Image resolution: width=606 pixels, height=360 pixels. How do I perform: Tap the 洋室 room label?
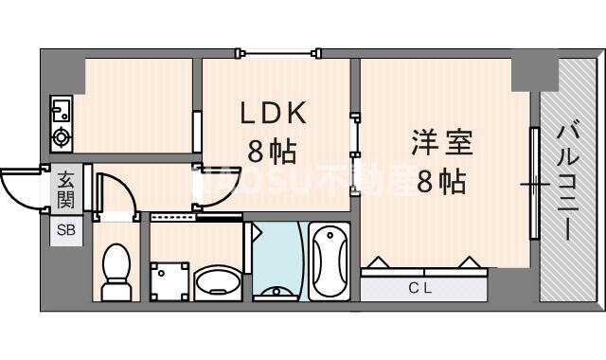coord(440,145)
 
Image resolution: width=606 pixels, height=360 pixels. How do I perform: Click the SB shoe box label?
coord(66,230)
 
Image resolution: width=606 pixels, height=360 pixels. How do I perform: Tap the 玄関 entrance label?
coord(66,188)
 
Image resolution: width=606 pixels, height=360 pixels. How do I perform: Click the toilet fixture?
coord(116,267)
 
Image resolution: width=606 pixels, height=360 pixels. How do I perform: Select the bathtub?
coord(330,261)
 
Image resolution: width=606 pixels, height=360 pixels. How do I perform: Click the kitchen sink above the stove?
coord(61,108)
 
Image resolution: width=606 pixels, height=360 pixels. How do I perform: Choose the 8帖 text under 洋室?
coord(440,180)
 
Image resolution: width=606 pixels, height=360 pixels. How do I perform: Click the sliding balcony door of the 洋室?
coord(534,184)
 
